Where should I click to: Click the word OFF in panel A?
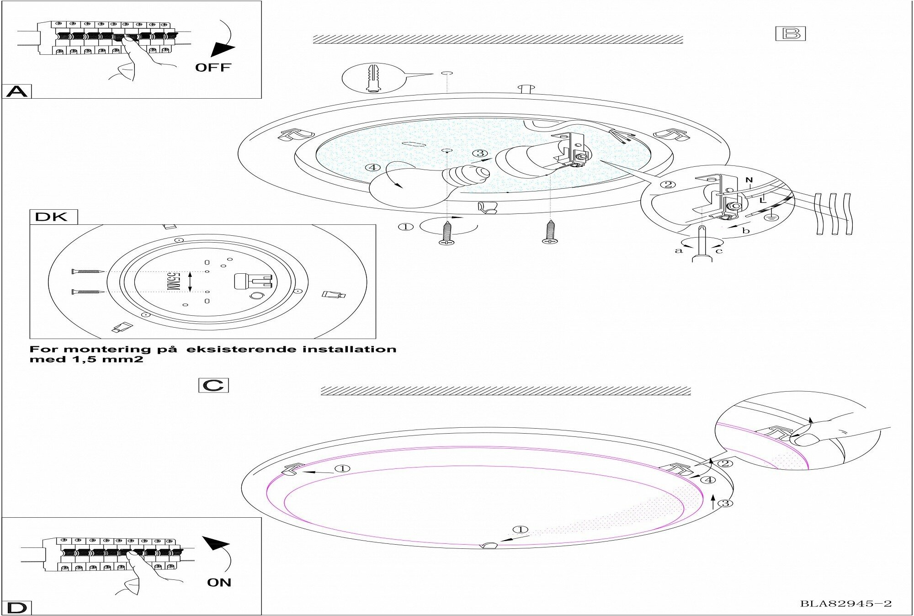213,68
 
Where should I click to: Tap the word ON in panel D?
219,583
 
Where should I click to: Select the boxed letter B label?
790,34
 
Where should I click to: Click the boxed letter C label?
213,385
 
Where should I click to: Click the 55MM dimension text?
173,281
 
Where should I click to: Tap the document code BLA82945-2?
845,604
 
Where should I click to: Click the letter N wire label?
749,181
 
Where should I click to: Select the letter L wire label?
762,200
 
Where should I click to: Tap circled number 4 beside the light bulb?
373,168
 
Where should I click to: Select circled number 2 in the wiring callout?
668,185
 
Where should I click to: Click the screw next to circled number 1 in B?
446,234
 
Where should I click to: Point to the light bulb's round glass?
402,187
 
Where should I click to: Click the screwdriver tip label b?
746,231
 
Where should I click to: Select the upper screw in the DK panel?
89,271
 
